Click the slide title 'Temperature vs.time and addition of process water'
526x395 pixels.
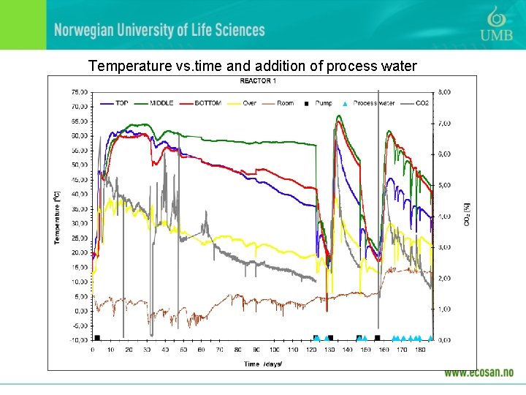point(252,67)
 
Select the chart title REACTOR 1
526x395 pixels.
point(258,80)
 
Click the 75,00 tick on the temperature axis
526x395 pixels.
point(80,92)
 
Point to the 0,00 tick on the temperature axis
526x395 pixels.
point(81,311)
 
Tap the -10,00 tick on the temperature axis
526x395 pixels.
point(79,340)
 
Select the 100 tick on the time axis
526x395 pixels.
point(274,350)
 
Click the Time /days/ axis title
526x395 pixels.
point(263,364)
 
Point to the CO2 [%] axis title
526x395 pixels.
point(467,214)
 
